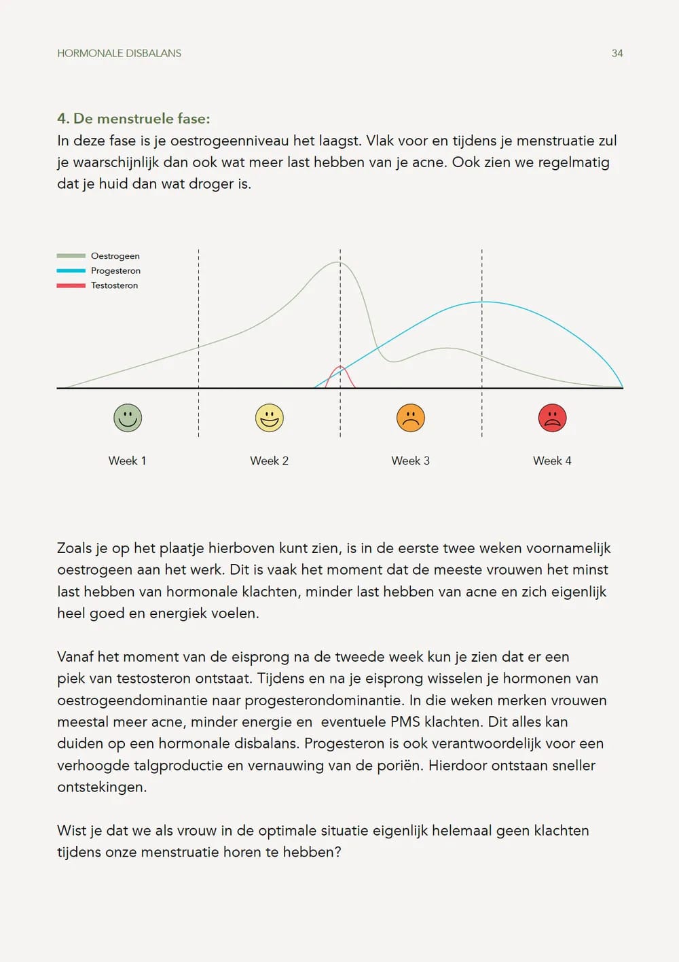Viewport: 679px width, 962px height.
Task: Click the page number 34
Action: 617,53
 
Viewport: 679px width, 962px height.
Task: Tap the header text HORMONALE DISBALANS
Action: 119,53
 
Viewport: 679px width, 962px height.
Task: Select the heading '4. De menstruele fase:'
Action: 134,118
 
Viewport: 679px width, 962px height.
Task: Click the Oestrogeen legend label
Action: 115,256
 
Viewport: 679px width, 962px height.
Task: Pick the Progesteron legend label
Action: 115,270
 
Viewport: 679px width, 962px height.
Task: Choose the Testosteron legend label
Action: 114,285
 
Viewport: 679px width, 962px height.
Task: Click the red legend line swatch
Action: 71,285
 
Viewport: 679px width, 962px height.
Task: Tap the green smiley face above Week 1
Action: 128,418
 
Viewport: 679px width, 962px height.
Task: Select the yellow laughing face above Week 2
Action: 270,418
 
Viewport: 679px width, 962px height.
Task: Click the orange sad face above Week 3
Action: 411,418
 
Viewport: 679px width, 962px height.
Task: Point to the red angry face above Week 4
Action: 552,418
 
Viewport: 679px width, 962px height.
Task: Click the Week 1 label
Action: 128,461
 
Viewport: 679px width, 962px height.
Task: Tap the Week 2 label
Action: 270,461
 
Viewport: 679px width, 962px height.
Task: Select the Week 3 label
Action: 411,461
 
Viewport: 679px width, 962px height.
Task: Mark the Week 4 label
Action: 552,461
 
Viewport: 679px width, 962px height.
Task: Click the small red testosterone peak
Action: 340,368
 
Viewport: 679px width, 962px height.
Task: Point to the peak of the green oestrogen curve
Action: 339,262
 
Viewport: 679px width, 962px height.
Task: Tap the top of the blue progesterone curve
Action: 483,302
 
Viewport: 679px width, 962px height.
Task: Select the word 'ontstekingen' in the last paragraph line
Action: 101,787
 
